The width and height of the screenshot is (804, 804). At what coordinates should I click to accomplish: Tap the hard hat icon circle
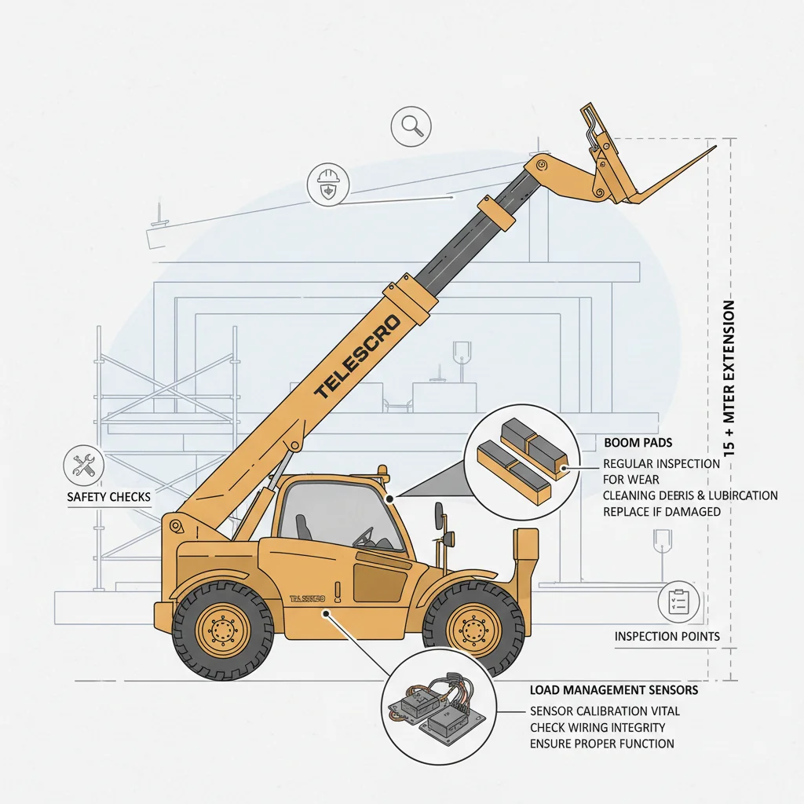pos(327,185)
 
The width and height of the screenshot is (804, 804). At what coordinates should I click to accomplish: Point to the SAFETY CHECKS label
pos(108,498)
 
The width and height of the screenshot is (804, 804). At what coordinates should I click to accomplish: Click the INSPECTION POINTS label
pos(667,636)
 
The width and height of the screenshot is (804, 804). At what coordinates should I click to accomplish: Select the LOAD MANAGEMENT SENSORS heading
pos(614,691)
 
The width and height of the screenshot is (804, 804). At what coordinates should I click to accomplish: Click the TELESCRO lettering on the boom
pos(357,356)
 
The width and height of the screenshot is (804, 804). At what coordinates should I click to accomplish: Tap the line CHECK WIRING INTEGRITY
pos(598,728)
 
